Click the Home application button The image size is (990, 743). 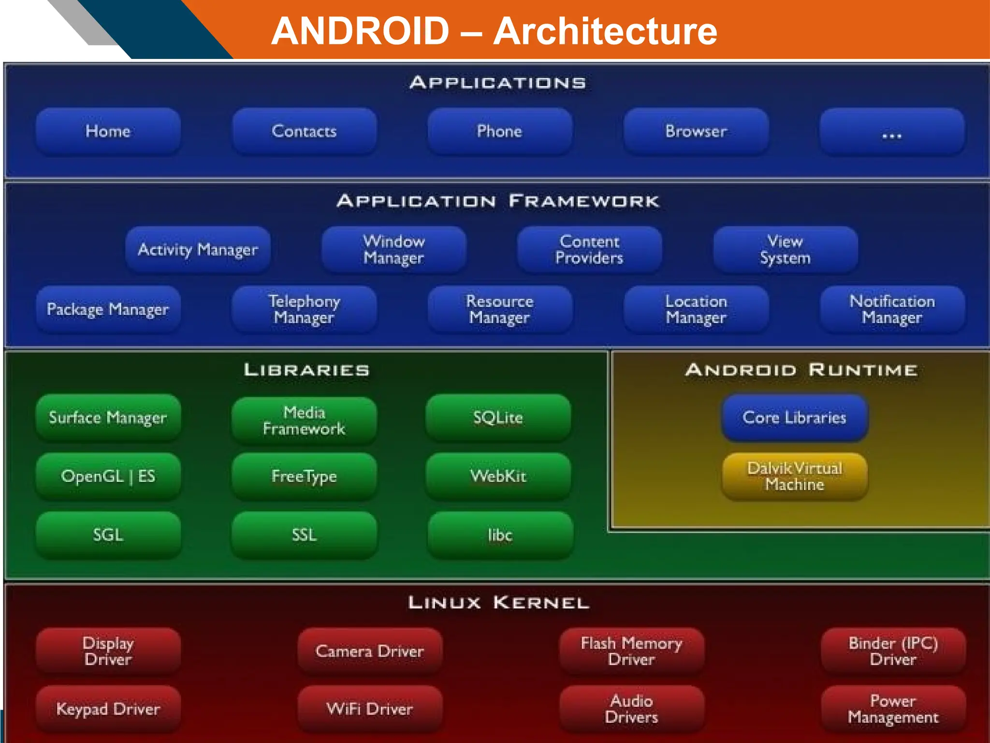tap(108, 131)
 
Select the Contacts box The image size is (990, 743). tap(304, 131)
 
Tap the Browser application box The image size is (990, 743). tap(696, 131)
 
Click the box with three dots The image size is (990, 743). tap(892, 131)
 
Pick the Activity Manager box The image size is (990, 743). tap(198, 250)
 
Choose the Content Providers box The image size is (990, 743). tap(589, 250)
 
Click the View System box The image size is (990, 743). tap(786, 250)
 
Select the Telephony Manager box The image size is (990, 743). tap(304, 309)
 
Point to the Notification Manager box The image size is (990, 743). tap(892, 309)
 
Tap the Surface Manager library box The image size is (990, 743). tap(108, 417)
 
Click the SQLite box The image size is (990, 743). tap(498, 417)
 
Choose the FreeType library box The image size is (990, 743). tap(304, 476)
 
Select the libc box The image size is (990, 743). tap(500, 535)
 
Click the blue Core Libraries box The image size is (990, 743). tap(795, 417)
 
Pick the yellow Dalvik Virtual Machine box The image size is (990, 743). tap(795, 476)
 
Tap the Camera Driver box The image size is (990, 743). tap(370, 651)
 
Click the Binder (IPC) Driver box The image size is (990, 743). tap(893, 651)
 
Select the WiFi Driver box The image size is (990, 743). tap(370, 709)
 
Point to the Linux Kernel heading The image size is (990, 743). tap(498, 603)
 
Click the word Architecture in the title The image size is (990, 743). tap(605, 31)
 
